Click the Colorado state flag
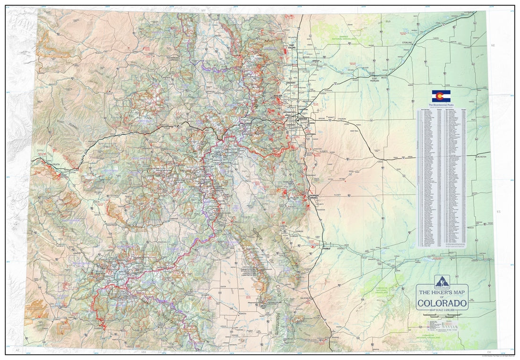[441, 96]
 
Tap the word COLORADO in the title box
[442, 302]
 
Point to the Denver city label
[303, 119]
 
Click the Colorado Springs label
[314, 196]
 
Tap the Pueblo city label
[326, 247]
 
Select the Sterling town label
[407, 43]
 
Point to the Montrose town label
[111, 224]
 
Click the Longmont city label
[290, 83]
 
